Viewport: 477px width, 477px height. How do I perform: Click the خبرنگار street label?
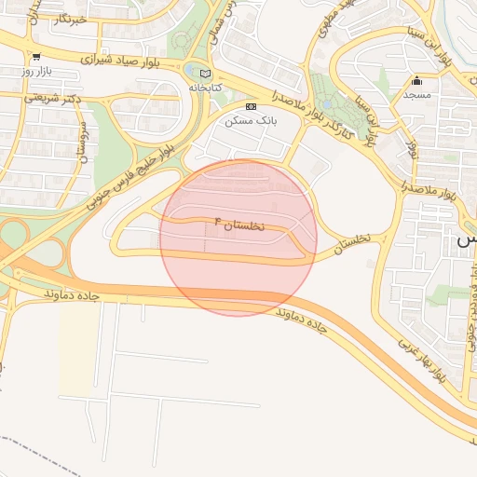pos(64,19)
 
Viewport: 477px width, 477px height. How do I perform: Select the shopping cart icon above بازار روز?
pos(35,57)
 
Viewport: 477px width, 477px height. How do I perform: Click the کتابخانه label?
pos(206,87)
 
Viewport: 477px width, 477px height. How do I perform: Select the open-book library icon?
pos(206,74)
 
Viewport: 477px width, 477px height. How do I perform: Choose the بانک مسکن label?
pos(249,120)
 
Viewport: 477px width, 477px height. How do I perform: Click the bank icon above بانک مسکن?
pos(250,107)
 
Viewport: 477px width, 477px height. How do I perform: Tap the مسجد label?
pos(416,94)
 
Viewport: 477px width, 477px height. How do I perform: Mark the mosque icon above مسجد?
pos(416,80)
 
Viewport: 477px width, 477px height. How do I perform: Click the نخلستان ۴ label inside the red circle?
pos(239,224)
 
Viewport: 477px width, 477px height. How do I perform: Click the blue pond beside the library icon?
pos(192,71)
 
